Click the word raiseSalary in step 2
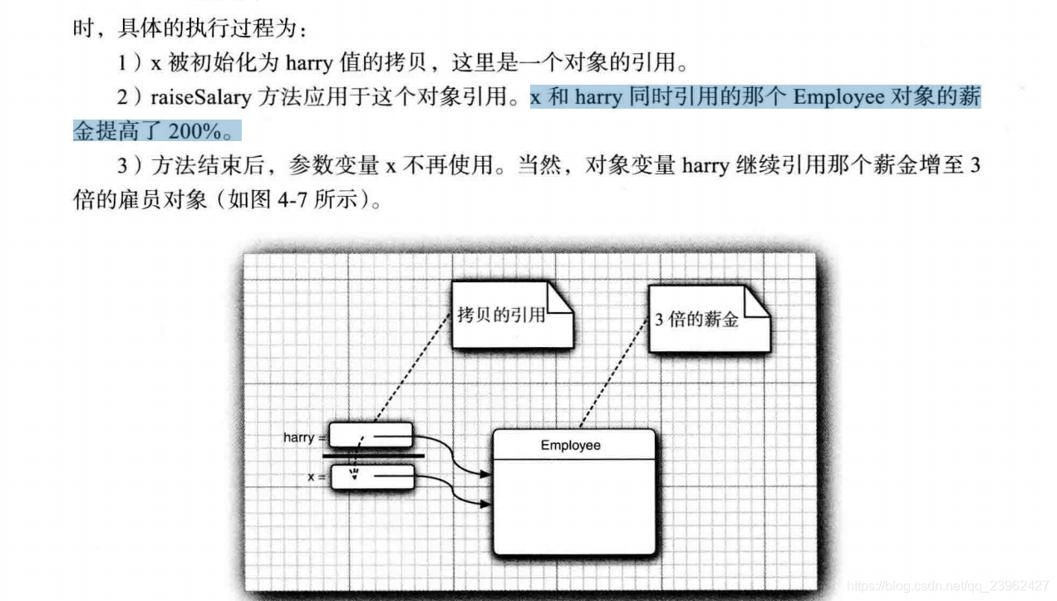[x=199, y=97]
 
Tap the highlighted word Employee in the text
[x=838, y=97]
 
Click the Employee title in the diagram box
[x=570, y=446]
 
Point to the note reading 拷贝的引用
[x=501, y=315]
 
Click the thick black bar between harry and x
[x=373, y=456]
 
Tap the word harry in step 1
[x=309, y=62]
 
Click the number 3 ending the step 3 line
[x=975, y=165]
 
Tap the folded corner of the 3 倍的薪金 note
[x=757, y=304]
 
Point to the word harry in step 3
[x=705, y=165]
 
